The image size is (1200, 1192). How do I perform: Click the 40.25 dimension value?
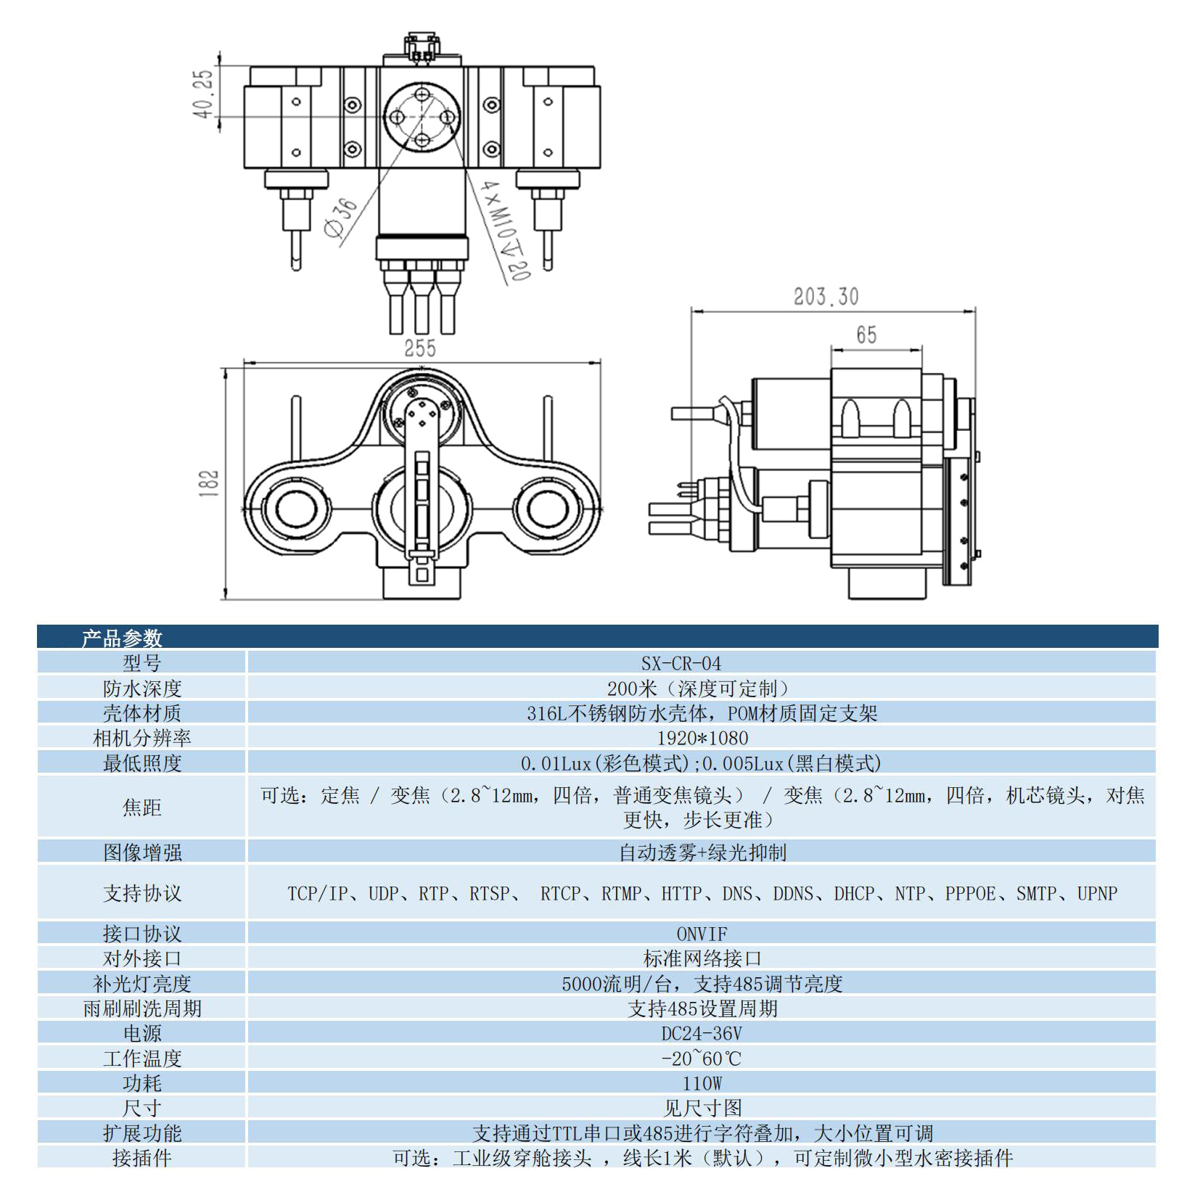tap(205, 94)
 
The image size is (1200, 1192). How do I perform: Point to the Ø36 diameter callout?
tap(342, 218)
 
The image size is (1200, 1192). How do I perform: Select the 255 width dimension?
tap(420, 349)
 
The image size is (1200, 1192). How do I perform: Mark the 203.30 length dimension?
tap(826, 297)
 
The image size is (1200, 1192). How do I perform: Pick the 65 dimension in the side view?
tap(866, 335)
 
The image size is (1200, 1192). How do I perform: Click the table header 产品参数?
tap(122, 638)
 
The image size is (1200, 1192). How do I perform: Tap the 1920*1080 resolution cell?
tap(702, 738)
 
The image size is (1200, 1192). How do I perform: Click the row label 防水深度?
tap(142, 688)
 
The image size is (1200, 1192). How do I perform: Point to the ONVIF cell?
tap(702, 934)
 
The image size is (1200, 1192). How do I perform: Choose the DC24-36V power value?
tap(702, 1033)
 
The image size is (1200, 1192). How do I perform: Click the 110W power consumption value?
tap(702, 1083)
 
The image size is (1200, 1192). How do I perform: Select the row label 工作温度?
tap(142, 1059)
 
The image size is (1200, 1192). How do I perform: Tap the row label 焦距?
tap(142, 807)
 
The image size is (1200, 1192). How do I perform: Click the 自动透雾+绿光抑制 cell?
tap(702, 852)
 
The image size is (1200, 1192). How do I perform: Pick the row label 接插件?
tap(142, 1158)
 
